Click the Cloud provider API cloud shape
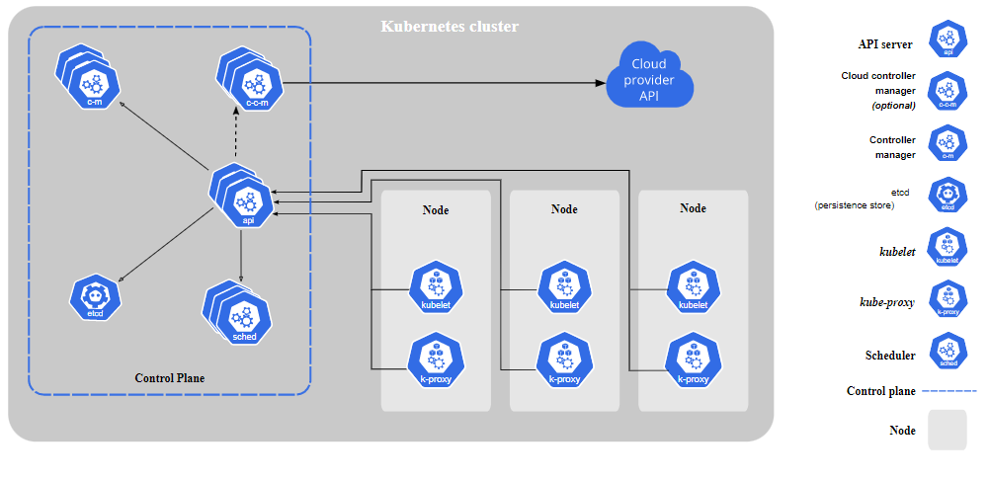(x=650, y=77)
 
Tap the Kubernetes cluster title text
(x=450, y=27)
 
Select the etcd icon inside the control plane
(x=96, y=297)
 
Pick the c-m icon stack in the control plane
(x=89, y=78)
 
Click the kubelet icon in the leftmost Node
(x=436, y=288)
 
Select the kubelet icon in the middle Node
(x=564, y=288)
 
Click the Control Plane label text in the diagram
(x=170, y=378)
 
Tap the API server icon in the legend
(x=948, y=42)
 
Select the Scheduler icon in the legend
(x=948, y=353)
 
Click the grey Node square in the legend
(x=947, y=431)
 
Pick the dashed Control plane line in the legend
(x=948, y=391)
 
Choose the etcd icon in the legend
(x=948, y=197)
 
